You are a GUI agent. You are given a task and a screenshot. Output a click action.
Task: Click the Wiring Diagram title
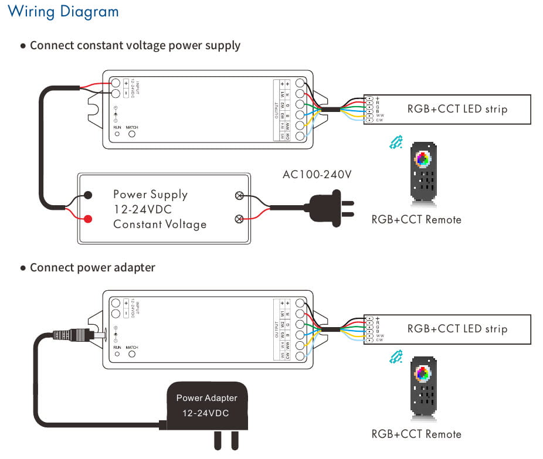63,11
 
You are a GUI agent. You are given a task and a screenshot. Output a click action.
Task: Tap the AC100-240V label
317,175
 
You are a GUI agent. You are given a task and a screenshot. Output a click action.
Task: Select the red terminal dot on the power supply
87,219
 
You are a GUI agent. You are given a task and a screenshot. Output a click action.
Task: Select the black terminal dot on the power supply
87,196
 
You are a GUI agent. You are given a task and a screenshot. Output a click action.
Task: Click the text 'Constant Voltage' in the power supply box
159,224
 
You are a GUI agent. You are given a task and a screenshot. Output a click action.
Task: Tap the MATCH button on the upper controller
132,134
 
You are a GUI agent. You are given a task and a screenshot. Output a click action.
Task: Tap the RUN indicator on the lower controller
117,354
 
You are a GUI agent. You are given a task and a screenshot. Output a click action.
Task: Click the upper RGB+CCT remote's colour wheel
422,158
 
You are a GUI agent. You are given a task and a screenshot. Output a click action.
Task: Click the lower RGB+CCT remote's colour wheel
422,373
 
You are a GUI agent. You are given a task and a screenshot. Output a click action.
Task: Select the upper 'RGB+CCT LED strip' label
457,108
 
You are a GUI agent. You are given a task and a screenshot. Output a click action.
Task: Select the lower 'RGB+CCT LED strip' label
457,329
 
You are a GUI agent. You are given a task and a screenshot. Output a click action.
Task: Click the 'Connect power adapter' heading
92,267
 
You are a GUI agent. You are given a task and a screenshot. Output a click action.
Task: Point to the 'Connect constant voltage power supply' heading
135,45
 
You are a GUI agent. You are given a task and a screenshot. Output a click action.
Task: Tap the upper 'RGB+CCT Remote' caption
416,219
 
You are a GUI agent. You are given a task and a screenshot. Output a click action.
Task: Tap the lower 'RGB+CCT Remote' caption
416,434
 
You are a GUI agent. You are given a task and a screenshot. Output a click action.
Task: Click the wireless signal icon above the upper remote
397,142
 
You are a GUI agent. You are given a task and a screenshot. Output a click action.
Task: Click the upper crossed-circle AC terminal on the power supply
239,196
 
